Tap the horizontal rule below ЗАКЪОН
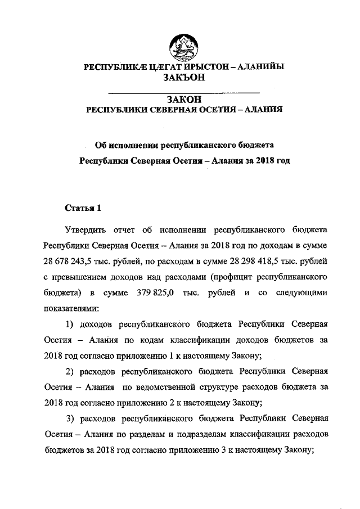[183, 92]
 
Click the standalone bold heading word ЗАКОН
[183, 100]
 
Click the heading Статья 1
[83, 208]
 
